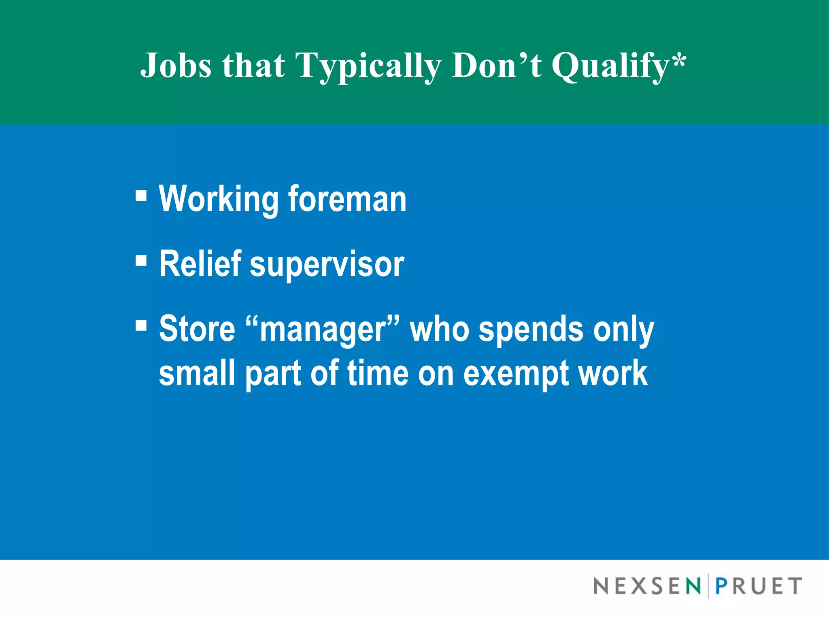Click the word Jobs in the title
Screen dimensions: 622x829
click(x=176, y=65)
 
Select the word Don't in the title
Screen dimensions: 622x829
click(x=497, y=65)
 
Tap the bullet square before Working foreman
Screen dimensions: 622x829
click(x=141, y=196)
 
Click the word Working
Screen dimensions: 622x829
click(x=219, y=199)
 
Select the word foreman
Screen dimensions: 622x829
click(x=347, y=199)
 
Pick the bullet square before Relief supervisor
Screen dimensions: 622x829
click(x=141, y=260)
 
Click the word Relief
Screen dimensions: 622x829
click(x=200, y=264)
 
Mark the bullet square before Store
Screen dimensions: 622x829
click(x=141, y=325)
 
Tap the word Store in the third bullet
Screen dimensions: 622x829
click(x=197, y=328)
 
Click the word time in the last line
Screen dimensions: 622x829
click(x=378, y=373)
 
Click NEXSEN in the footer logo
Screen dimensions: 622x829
click(x=647, y=586)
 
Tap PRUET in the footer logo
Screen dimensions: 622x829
click(x=759, y=586)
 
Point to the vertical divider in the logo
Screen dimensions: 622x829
click(x=708, y=586)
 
